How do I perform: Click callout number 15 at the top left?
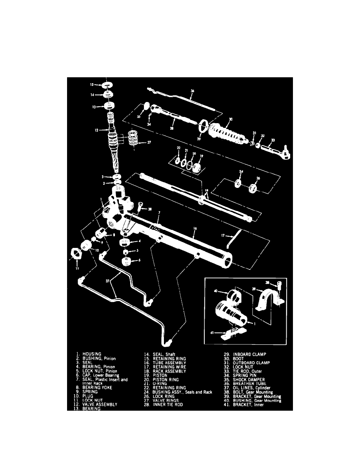[91, 84]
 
